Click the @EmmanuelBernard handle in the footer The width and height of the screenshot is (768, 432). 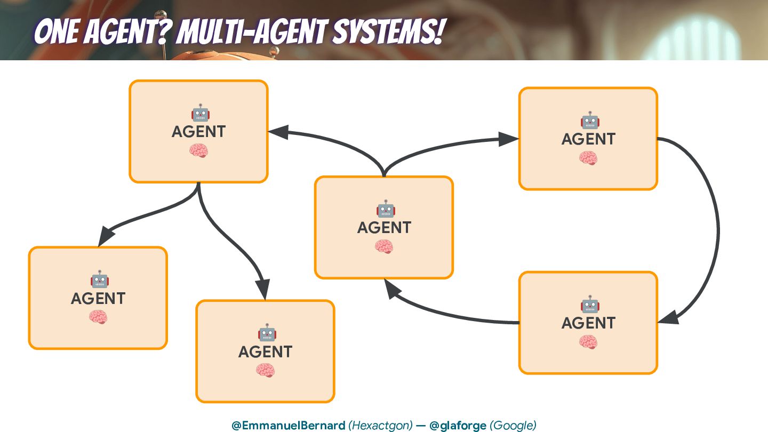click(x=288, y=425)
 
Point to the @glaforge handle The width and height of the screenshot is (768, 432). click(x=458, y=425)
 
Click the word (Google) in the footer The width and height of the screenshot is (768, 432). click(x=513, y=425)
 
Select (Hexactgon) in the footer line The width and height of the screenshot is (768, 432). click(x=380, y=425)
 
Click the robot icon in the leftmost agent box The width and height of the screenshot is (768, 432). click(x=99, y=279)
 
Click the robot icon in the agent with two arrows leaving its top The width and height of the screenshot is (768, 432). click(x=385, y=209)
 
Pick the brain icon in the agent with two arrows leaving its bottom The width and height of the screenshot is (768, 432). click(x=198, y=151)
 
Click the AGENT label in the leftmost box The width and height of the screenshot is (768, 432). click(x=98, y=299)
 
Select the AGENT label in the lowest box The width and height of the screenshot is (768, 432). click(x=265, y=352)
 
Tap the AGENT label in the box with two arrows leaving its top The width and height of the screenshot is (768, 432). click(x=384, y=228)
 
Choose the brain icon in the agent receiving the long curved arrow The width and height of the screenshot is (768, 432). click(x=588, y=341)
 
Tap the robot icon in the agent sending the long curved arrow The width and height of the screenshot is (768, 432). click(x=589, y=121)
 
